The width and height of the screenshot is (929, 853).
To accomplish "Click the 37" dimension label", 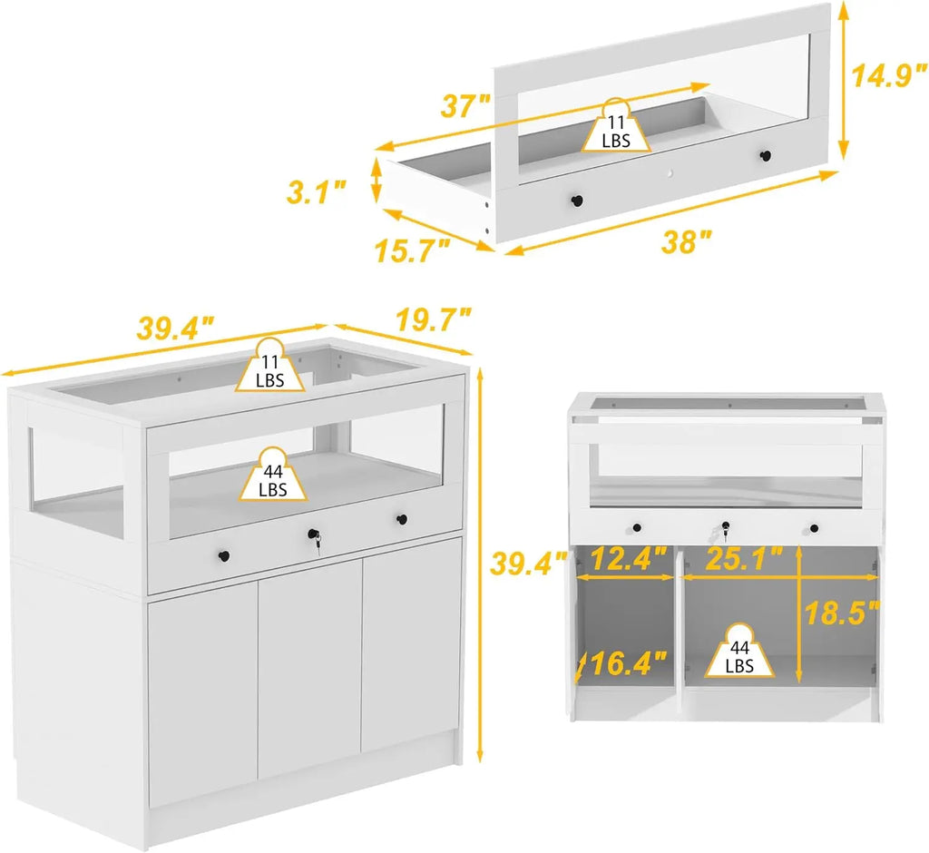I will pos(467,106).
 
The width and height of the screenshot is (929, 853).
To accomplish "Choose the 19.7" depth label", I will pos(434,319).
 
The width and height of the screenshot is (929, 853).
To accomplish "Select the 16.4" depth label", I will pos(626,665).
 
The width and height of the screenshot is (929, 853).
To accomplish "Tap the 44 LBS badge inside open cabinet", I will pos(740,654).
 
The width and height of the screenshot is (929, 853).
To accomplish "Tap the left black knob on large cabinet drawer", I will pos(224,554).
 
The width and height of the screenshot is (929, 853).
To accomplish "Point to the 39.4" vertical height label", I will pos(520,564).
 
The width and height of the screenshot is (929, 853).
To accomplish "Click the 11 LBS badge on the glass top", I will pos(269,368).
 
